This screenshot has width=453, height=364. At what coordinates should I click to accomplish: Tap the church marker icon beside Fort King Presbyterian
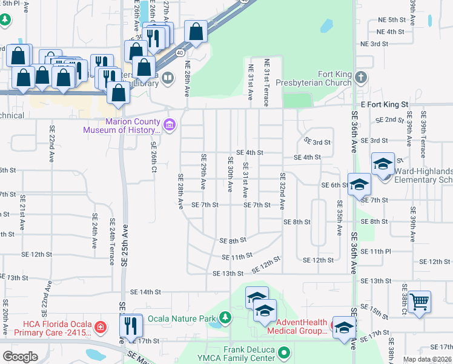click(x=361, y=77)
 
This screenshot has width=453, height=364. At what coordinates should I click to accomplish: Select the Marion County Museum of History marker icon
click(x=170, y=125)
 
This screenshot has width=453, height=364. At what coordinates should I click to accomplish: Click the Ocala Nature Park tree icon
click(x=225, y=317)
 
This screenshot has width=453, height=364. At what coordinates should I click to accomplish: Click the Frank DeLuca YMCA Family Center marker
click(x=285, y=352)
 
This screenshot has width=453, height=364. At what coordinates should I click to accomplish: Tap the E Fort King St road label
click(x=385, y=105)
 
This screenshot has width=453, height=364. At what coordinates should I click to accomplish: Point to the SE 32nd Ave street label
click(x=282, y=192)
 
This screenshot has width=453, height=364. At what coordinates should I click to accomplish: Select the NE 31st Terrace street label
click(x=266, y=82)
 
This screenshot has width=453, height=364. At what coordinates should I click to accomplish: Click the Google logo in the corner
click(x=20, y=356)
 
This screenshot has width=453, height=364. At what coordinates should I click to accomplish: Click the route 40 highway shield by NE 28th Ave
click(x=180, y=53)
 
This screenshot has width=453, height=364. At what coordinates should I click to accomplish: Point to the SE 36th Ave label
click(x=354, y=132)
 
